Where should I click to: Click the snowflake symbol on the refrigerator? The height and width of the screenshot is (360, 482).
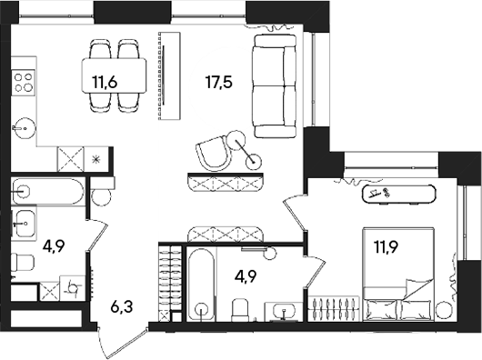(x=96, y=158)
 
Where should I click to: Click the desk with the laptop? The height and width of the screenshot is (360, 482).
(x=395, y=193)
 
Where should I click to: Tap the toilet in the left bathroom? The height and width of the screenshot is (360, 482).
(x=25, y=263)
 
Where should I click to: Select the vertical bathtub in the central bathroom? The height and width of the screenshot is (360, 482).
(x=199, y=283)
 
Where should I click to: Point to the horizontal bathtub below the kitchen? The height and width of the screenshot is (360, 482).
(x=49, y=193)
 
